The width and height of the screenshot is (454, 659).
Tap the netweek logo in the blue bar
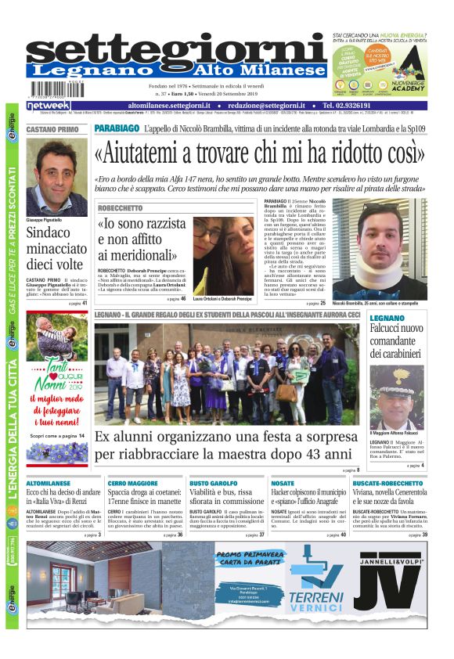point(48,105)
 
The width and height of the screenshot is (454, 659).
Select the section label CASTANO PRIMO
point(52,128)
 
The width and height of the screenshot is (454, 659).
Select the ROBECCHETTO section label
point(121,208)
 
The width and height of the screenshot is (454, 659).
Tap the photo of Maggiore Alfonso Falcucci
point(396,396)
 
